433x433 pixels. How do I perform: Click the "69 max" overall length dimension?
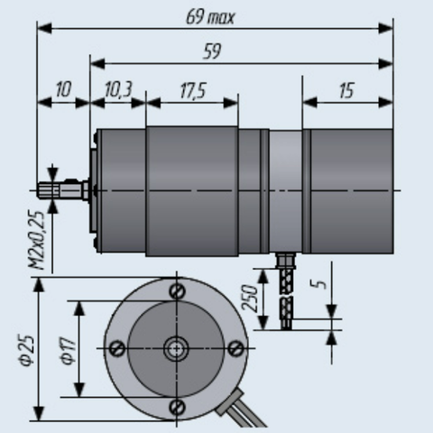(210, 17)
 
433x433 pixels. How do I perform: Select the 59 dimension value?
(212, 51)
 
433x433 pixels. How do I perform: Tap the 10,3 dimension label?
(118, 89)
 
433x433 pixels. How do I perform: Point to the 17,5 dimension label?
(193, 90)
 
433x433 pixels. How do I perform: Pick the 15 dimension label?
(346, 90)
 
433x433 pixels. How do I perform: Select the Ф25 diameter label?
(27, 350)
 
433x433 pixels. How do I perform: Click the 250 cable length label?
(250, 298)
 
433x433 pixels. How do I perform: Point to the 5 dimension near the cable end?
(321, 284)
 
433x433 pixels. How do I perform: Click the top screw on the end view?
(177, 290)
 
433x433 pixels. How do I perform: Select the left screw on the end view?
(117, 348)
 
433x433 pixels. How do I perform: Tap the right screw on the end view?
(236, 348)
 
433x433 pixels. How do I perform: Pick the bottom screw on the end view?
(177, 408)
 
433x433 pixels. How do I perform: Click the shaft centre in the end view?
(177, 349)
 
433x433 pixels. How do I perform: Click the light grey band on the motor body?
(285, 191)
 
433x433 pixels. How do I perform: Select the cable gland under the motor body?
(286, 261)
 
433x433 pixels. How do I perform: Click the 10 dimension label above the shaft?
(63, 89)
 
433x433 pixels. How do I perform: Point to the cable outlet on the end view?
(230, 402)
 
